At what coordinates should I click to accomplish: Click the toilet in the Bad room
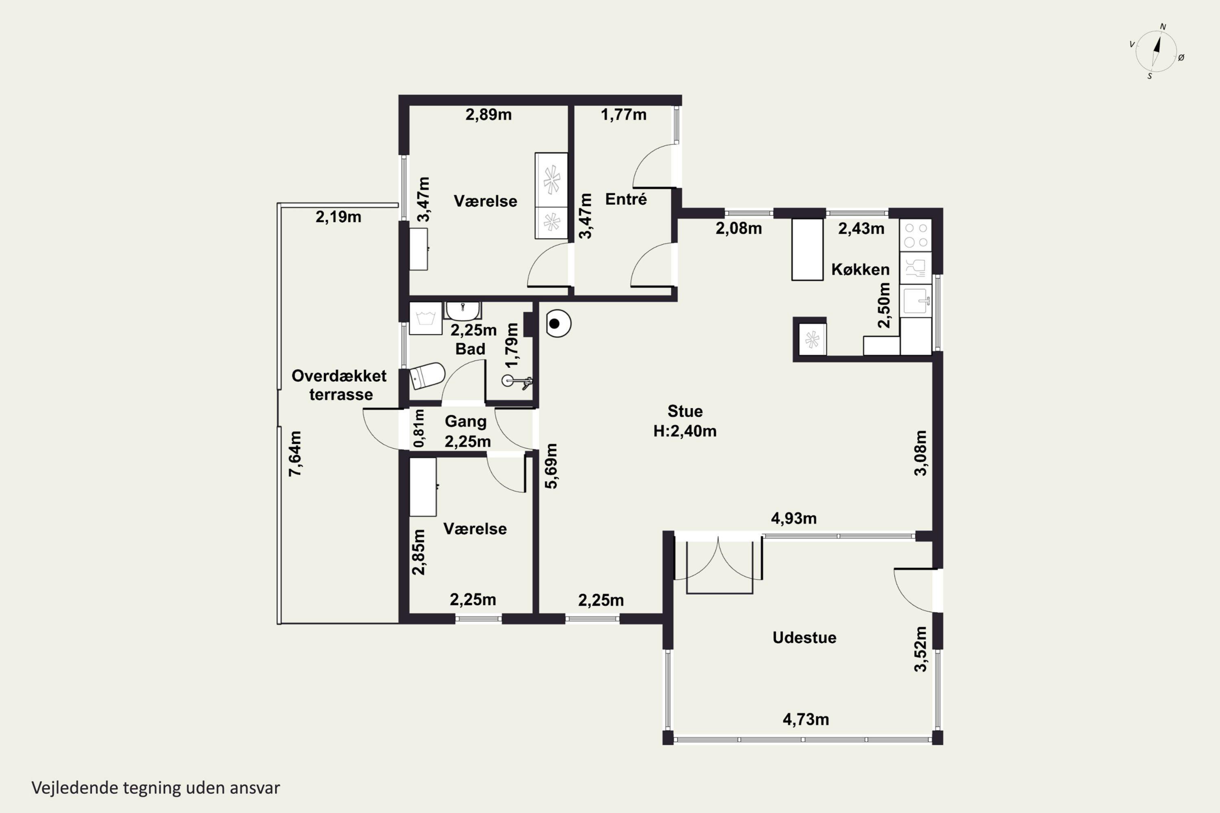427,375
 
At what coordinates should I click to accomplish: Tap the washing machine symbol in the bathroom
425,318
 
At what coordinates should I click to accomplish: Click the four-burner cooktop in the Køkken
915,235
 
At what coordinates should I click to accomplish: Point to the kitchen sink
917,300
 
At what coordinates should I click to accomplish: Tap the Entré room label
626,199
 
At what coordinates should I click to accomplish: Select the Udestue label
804,637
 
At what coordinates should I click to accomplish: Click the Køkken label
860,269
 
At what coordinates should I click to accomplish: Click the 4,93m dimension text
794,518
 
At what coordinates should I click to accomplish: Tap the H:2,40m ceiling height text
685,431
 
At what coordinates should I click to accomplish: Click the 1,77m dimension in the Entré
623,115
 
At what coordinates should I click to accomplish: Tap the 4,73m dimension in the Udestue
806,719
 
